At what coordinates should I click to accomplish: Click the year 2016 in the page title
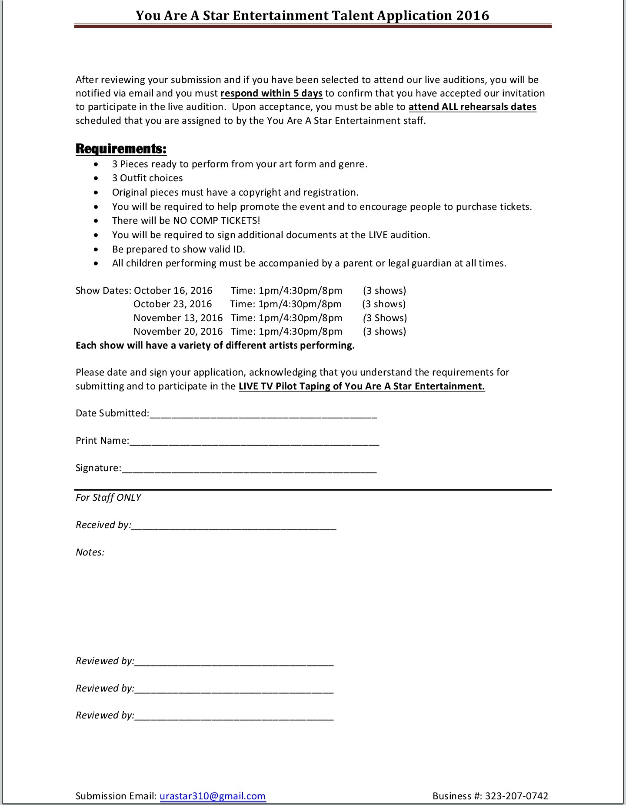tap(472, 16)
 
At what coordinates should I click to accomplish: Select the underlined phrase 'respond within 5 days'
tap(271, 93)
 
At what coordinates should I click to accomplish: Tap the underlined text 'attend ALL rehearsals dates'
tap(472, 107)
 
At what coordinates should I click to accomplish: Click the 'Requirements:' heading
tap(121, 149)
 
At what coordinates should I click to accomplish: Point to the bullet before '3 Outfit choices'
tap(96, 178)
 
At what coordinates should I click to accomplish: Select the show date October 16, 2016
tap(173, 290)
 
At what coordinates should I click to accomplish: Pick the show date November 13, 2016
tap(178, 318)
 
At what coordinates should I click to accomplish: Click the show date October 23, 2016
tap(173, 304)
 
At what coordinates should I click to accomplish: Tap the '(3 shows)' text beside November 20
tap(384, 331)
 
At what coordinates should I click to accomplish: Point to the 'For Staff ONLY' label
tap(108, 497)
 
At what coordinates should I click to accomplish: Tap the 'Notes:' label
tap(90, 552)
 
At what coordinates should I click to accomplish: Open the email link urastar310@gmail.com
tap(213, 796)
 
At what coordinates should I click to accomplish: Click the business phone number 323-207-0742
tap(516, 796)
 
